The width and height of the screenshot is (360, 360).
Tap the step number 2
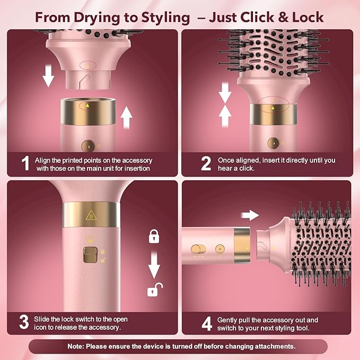[x=206, y=163]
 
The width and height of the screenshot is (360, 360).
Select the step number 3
[x=24, y=322]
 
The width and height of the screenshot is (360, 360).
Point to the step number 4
[x=206, y=322]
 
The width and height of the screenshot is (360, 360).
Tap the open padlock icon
[x=154, y=289]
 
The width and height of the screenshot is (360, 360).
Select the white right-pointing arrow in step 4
[x=249, y=215]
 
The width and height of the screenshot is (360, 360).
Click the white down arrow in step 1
[x=48, y=77]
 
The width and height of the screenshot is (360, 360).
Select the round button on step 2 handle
[x=273, y=143]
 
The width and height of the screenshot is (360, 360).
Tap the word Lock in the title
[x=305, y=17]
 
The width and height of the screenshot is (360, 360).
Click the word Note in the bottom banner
[x=78, y=346]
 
